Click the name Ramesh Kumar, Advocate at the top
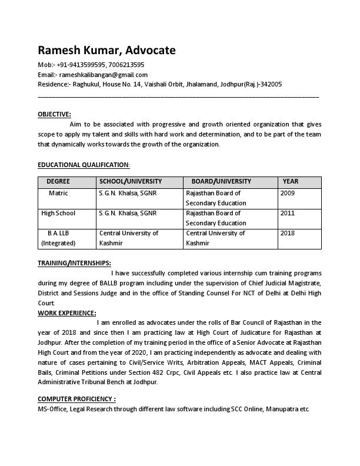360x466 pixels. (106, 50)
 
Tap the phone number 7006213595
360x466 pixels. (126, 65)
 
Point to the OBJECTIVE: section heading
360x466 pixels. (54, 114)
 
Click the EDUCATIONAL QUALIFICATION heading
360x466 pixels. (84, 165)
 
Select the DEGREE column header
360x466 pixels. (58, 181)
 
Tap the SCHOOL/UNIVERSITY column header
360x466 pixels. (131, 181)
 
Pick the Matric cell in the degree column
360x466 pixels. (58, 193)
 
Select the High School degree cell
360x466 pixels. (58, 213)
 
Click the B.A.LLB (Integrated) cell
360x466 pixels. (58, 238)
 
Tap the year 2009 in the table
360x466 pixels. (288, 193)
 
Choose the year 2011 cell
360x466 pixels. (288, 213)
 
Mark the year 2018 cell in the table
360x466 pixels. (288, 233)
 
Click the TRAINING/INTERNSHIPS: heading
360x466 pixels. (74, 263)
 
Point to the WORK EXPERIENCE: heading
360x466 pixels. (67, 313)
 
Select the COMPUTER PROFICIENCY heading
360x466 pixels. (76, 398)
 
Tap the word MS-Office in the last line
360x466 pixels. (52, 408)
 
